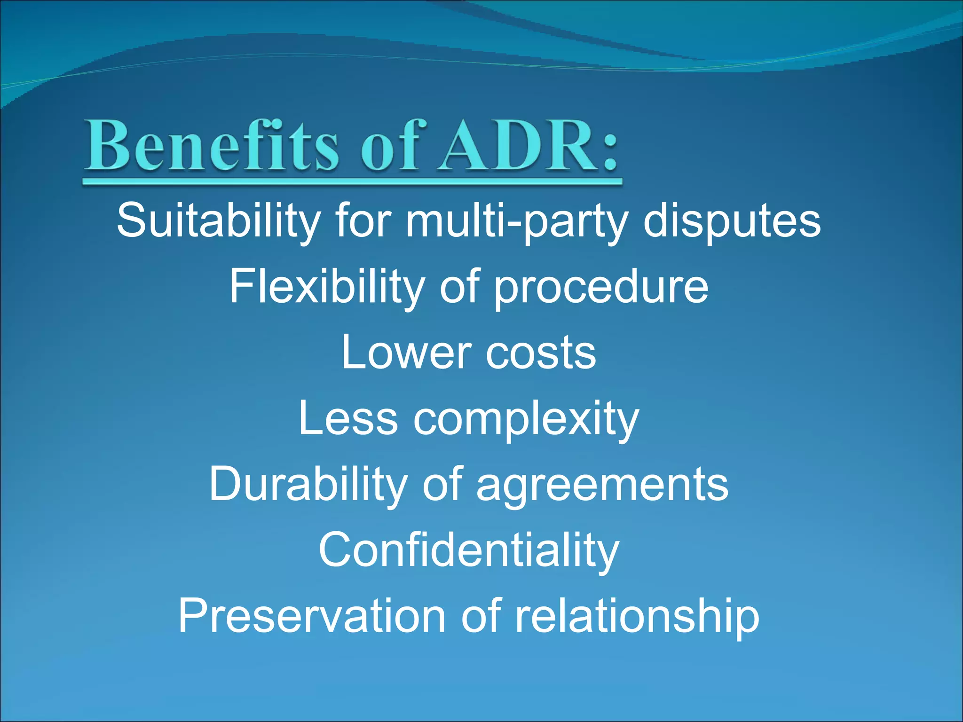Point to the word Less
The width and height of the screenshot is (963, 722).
(348, 418)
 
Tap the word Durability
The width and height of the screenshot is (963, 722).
(308, 484)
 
